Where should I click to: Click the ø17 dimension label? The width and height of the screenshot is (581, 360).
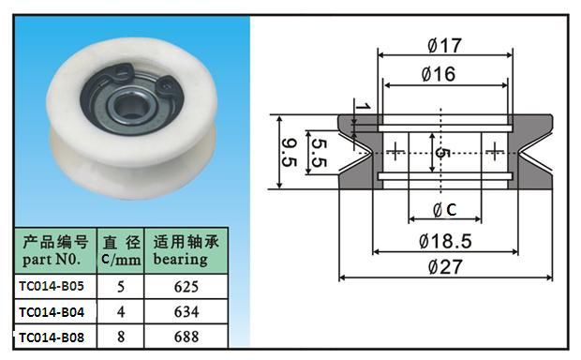click(444, 46)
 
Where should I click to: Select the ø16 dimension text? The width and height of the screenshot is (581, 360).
click(439, 74)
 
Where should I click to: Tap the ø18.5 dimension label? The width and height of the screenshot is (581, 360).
click(445, 241)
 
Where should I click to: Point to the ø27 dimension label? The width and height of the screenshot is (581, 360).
click(445, 267)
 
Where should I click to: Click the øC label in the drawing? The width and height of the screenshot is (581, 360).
click(445, 210)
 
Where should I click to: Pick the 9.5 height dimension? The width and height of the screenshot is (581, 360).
click(290, 152)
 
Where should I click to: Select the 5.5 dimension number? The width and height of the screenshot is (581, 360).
click(320, 152)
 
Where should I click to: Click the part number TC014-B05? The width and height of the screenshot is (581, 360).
click(52, 286)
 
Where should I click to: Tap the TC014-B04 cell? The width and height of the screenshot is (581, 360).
click(52, 312)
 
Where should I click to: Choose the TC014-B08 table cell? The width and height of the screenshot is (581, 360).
click(52, 337)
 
